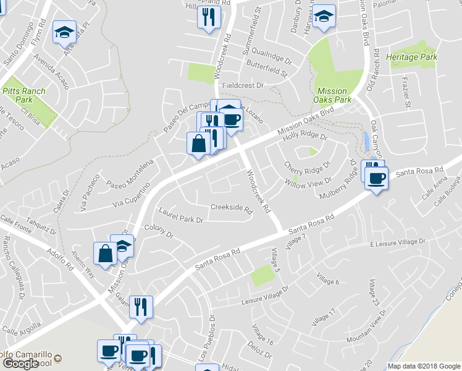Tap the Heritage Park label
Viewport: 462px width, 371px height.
pyautogui.click(x=411, y=57)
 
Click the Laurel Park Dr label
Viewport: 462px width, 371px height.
pyautogui.click(x=181, y=215)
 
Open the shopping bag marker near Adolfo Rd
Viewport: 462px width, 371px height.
pyautogui.click(x=105, y=253)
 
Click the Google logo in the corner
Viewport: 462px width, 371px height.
pyautogui.click(x=21, y=364)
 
